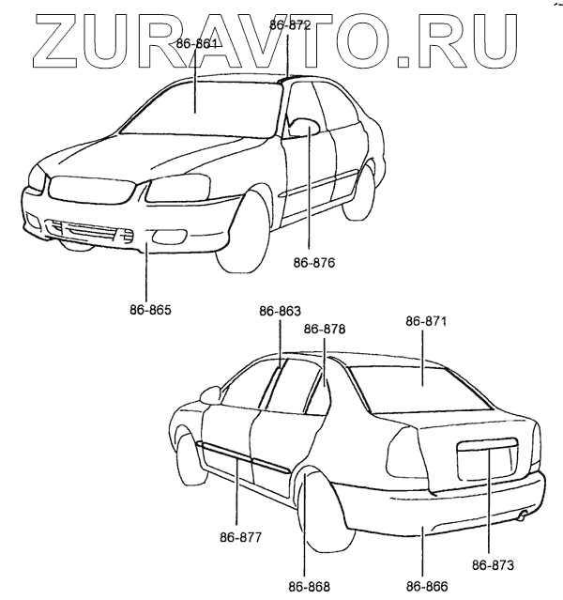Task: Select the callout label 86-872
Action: click(289, 26)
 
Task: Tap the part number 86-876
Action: click(313, 264)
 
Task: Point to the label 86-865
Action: click(149, 307)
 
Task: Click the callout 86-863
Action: click(281, 312)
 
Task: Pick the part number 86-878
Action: click(325, 330)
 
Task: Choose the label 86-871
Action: click(426, 322)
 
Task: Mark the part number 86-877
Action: click(240, 537)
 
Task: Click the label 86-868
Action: click(309, 587)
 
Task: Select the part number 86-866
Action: click(428, 587)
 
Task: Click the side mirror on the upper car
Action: click(304, 128)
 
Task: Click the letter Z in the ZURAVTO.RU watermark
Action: click(59, 40)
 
